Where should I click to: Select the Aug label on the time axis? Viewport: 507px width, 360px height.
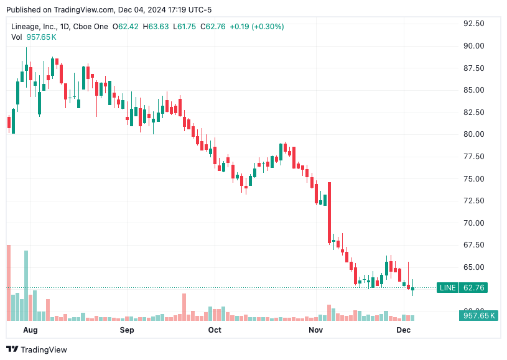click(30, 330)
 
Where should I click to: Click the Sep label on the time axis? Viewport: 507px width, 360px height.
click(127, 330)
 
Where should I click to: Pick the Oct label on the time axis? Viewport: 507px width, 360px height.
click(215, 330)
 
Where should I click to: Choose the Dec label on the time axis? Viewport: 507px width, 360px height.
click(404, 330)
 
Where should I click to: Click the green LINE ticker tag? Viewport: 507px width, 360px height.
click(447, 288)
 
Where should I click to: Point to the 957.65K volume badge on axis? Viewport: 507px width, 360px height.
click(479, 316)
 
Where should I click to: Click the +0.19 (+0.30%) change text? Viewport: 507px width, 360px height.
click(257, 27)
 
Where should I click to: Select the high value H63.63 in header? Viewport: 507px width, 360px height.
click(155, 27)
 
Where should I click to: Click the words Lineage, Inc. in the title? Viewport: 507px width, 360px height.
click(35, 27)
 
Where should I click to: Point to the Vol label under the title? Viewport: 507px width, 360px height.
click(17, 37)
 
